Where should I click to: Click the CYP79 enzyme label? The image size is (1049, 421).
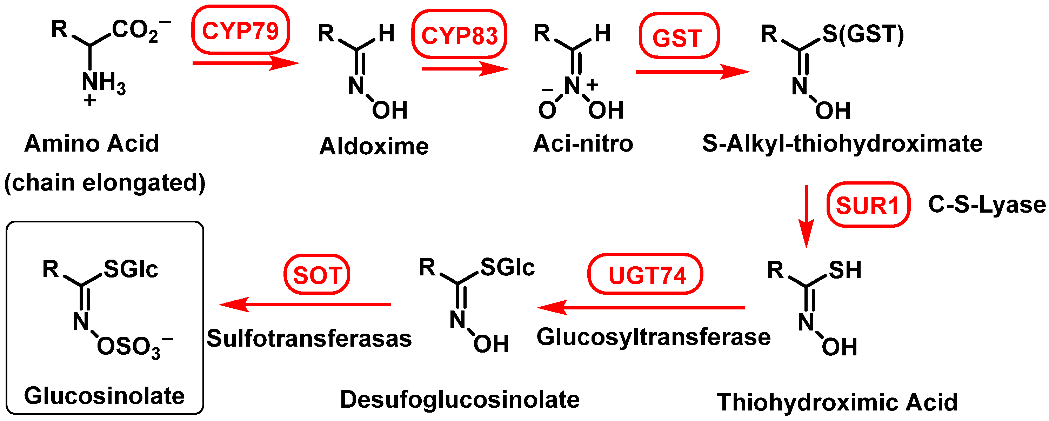coord(240,31)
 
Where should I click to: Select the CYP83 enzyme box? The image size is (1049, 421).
coord(459,35)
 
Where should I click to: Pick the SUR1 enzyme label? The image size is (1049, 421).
coord(868,205)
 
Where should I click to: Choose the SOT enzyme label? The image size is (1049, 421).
coord(317,275)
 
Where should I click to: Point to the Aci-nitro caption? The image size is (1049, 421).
coord(583,143)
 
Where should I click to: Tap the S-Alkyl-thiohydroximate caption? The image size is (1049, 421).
coord(842,143)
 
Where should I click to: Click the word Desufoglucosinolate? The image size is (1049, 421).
coord(459,399)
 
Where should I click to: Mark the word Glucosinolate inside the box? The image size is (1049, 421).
coord(104,395)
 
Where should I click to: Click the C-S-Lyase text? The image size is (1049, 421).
coord(986,205)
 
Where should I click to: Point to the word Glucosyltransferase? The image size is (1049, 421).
coord(653,337)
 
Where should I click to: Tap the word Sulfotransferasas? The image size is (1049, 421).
coord(309,338)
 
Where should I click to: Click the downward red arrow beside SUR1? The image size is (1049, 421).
coord(806,216)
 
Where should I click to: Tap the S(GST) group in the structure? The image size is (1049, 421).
coord(862,34)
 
